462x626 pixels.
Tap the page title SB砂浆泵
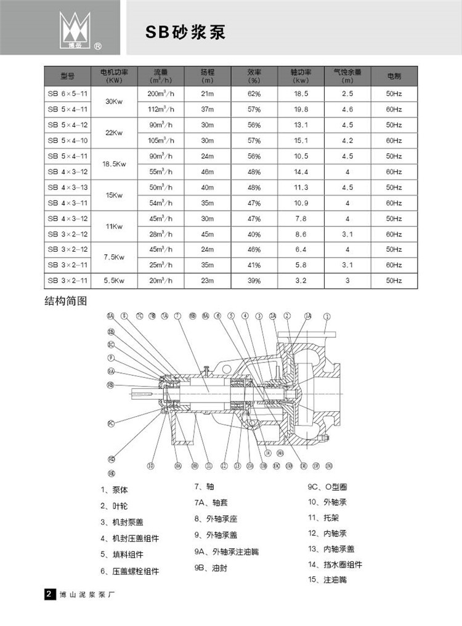click(185, 33)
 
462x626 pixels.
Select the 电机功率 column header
click(114, 76)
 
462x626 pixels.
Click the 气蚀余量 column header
click(347, 76)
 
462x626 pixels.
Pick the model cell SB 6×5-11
click(67, 94)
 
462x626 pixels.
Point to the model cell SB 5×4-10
click(67, 141)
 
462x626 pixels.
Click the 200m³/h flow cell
click(160, 94)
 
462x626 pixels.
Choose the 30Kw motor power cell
click(114, 102)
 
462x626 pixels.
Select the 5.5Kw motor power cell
click(114, 281)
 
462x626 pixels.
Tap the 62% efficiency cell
click(254, 94)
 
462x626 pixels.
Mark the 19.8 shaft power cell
click(301, 110)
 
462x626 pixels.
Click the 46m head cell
click(207, 172)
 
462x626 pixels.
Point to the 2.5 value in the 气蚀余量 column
click(347, 94)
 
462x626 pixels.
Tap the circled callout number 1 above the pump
click(326, 316)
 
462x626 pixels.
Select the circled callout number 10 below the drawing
click(150, 465)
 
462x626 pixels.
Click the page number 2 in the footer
click(48, 595)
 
